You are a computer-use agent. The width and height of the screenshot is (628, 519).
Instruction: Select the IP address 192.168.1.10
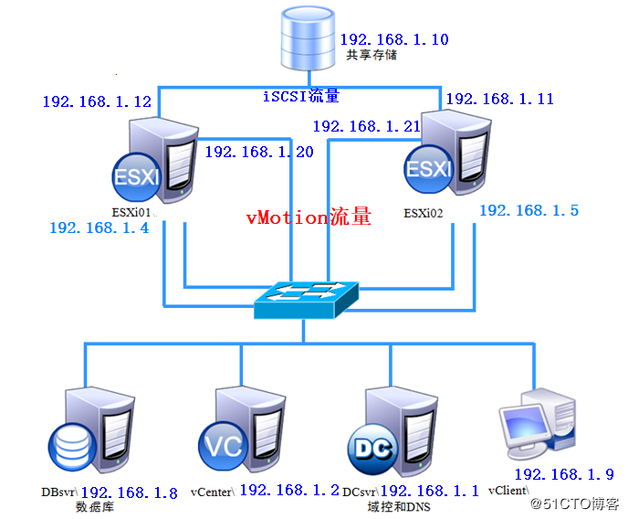coord(393,40)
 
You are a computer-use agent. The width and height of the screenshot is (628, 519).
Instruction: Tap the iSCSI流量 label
coord(301,96)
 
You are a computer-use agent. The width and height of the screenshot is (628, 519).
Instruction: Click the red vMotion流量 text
coord(309,217)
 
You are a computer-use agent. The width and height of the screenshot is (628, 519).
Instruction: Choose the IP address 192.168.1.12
coord(96,102)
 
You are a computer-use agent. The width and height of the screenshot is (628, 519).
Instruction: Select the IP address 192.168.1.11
coord(499,100)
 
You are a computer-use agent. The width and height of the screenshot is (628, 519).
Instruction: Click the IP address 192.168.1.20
coord(258,152)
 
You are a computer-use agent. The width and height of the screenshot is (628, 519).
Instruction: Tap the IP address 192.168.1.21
coord(366,126)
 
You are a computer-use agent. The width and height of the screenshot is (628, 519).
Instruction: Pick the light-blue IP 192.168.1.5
coord(529,210)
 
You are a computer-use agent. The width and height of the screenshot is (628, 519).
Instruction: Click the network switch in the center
coord(308,298)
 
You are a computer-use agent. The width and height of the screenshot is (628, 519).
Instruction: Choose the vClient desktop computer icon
coord(539,422)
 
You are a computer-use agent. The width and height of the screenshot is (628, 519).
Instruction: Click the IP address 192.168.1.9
coord(563,474)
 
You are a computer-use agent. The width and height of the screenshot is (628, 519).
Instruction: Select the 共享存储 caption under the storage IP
coord(371,55)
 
